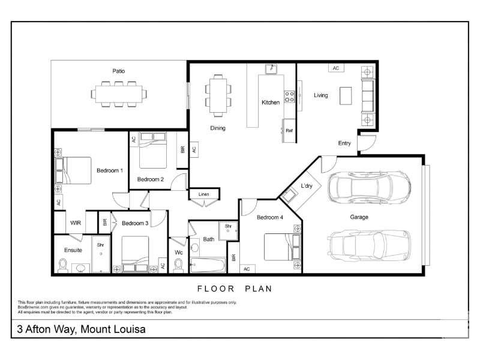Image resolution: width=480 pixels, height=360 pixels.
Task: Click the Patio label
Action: tap(118, 71)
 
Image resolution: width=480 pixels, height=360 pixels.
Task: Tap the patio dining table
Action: tap(119, 94)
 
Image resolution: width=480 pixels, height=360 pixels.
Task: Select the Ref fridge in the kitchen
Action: tap(289, 131)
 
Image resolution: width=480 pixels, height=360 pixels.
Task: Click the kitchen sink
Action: tap(271, 69)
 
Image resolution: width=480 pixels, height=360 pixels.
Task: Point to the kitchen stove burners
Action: tap(290, 97)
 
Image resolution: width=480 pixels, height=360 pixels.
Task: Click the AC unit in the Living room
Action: tap(336, 68)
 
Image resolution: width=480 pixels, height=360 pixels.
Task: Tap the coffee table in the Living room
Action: tap(346, 96)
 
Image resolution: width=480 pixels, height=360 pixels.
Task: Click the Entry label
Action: tap(344, 143)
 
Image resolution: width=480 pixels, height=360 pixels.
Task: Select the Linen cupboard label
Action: tap(203, 194)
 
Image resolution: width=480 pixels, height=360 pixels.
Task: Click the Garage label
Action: tap(359, 217)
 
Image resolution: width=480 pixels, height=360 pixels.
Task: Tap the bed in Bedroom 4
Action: tap(282, 247)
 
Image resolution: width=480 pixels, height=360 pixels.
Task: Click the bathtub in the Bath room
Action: tap(208, 265)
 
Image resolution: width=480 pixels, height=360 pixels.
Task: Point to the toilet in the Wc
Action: tap(178, 265)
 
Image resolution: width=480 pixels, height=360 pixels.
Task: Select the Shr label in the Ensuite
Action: tap(100, 245)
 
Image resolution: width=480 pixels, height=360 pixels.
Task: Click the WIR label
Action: tap(76, 223)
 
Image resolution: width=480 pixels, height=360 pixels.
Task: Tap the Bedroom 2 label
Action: tap(151, 179)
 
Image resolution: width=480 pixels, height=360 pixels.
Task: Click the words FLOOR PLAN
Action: tap(235, 289)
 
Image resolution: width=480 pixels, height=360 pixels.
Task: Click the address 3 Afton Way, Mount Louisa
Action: tap(81, 329)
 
